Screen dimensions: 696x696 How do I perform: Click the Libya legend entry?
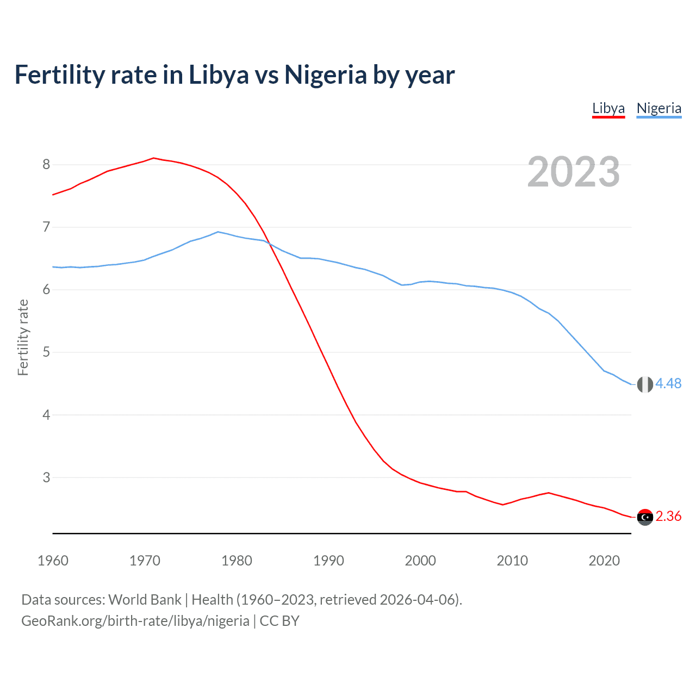point(608,108)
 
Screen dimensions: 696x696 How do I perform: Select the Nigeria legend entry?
point(658,108)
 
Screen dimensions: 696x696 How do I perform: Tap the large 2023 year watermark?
point(574,172)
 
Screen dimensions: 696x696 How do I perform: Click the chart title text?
point(234,74)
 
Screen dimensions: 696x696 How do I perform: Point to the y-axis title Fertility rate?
point(23,337)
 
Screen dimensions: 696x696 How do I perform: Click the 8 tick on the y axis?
point(46,164)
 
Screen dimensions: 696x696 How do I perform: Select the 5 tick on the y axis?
point(46,352)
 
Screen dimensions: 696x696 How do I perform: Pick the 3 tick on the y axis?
point(46,477)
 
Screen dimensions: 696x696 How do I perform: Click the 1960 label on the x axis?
point(53,561)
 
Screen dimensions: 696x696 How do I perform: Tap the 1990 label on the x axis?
point(328,561)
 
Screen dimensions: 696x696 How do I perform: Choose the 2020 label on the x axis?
point(604,561)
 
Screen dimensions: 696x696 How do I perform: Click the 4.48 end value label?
point(668,384)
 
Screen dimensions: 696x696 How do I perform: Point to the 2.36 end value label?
point(668,517)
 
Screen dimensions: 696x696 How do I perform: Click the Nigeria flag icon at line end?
point(645,384)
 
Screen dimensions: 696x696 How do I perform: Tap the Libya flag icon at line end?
point(645,517)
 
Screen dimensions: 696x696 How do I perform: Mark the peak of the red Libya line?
point(153,158)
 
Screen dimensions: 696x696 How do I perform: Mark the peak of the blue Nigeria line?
point(218,232)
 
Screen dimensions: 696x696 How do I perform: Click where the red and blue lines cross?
point(268,243)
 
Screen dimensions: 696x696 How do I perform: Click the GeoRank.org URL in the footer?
point(135,621)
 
